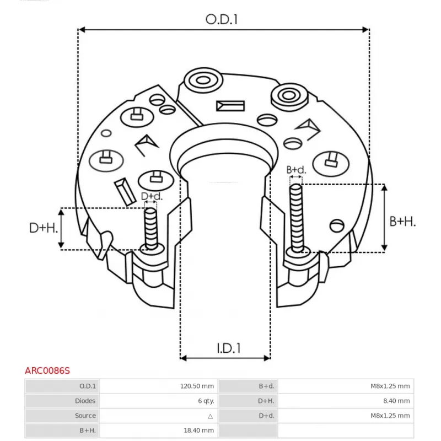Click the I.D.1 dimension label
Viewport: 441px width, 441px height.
pos(228,348)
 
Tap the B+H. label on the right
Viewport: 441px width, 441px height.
pos(402,221)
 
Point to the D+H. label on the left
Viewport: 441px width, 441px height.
pos(44,228)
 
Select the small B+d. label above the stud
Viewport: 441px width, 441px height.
pos(296,170)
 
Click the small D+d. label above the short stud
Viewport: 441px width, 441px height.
pos(152,196)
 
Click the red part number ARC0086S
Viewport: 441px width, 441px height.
pos(47,371)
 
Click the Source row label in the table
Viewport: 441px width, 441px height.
pos(85,416)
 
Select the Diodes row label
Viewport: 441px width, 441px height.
pos(85,401)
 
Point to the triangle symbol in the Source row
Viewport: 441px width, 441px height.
pos(211,416)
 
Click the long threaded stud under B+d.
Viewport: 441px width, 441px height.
pos(297,218)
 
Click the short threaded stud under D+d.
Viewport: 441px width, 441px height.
pos(150,229)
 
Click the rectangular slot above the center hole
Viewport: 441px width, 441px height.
pos(230,105)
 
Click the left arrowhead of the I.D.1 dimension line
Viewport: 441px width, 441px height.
pos(184,358)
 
